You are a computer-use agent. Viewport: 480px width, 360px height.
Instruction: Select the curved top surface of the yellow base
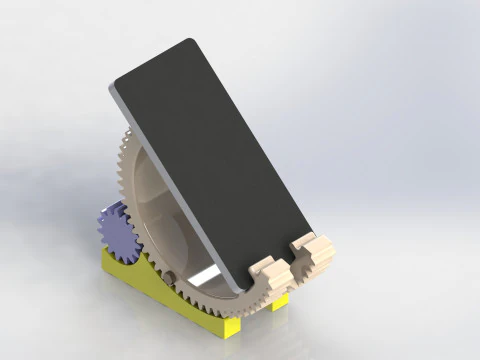click(x=150, y=270)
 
